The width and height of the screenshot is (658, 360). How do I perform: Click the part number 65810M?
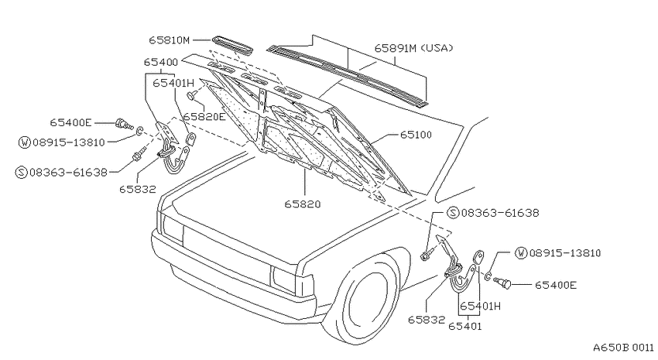point(169,40)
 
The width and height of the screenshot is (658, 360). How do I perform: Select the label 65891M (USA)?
point(414,48)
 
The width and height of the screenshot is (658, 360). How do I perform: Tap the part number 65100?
point(416,135)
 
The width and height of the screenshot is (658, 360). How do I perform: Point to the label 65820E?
point(204,117)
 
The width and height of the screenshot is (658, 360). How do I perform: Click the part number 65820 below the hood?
point(303,204)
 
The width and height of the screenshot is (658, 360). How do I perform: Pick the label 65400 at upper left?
point(161,62)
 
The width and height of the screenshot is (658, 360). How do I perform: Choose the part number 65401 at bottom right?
point(465,326)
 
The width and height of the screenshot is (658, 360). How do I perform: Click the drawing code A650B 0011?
point(623,348)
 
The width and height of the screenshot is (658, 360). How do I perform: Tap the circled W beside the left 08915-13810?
point(25,142)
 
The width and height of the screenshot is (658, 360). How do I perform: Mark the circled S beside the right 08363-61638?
point(453,213)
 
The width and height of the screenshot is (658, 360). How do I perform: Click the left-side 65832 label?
point(138,189)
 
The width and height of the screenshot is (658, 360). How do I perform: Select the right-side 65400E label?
point(556,286)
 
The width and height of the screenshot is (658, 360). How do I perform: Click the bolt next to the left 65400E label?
point(123,124)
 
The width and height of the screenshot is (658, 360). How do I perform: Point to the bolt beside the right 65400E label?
point(502,283)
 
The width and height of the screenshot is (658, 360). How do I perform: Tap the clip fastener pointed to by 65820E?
point(193,95)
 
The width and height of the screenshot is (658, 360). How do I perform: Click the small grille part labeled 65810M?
point(231,45)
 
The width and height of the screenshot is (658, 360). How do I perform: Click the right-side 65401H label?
point(480,307)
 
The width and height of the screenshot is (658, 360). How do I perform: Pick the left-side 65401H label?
point(173,83)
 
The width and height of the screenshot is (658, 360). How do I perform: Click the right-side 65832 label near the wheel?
point(427,320)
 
